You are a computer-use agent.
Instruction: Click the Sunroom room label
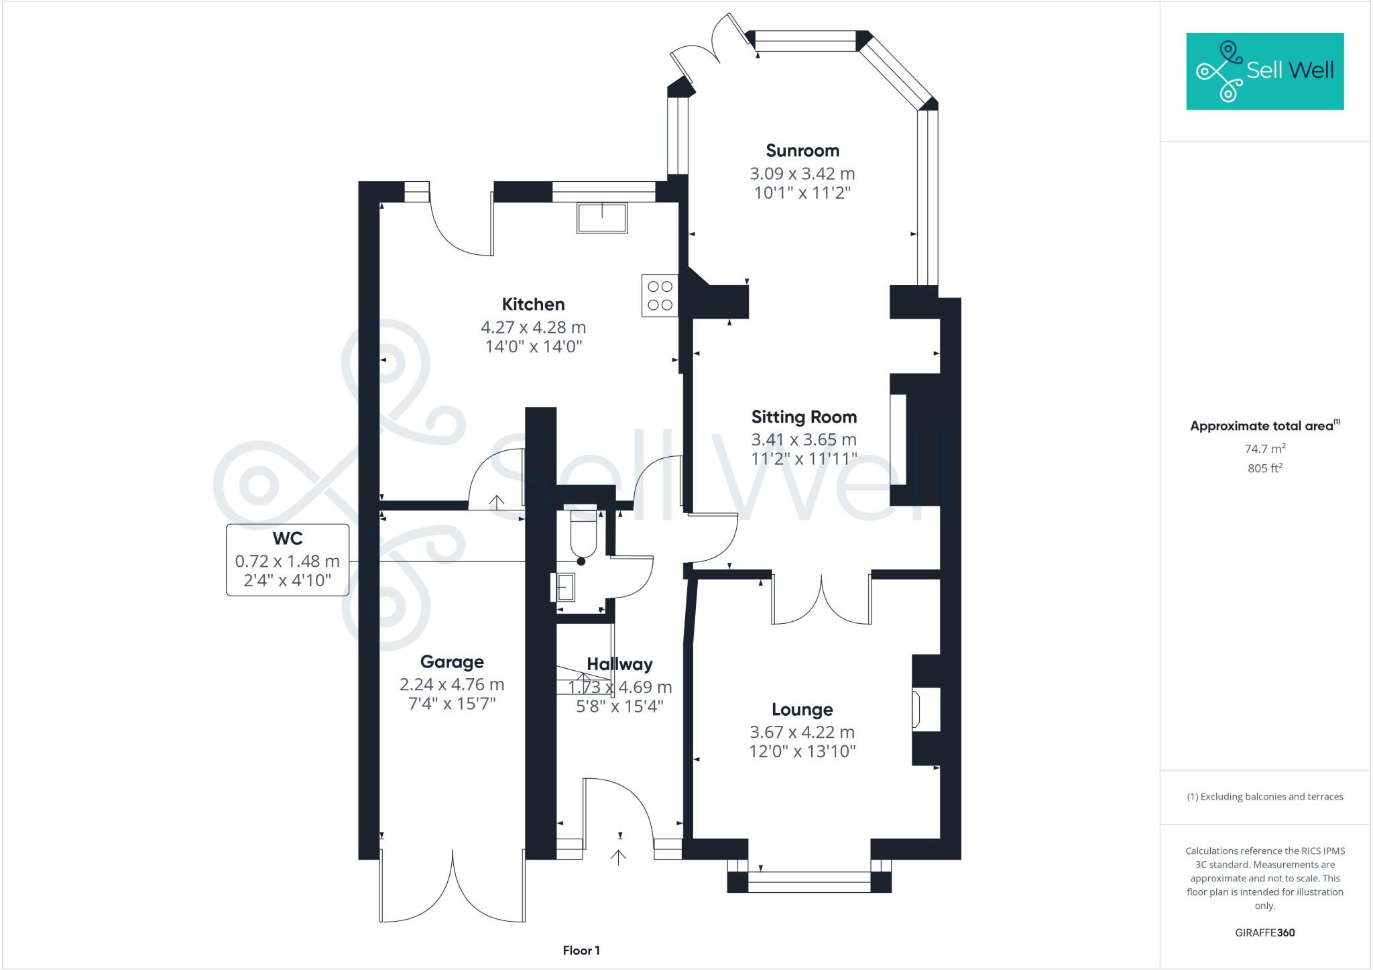click(x=802, y=150)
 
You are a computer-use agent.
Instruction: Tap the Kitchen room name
click(x=534, y=304)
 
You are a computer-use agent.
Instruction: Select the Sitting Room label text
click(x=804, y=417)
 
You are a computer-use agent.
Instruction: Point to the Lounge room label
click(x=802, y=710)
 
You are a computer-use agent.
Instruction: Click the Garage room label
click(x=452, y=662)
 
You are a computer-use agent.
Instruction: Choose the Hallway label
click(x=619, y=664)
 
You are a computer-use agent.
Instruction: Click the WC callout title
click(x=288, y=538)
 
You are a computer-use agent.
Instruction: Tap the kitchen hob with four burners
click(x=660, y=295)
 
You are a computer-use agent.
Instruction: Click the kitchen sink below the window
click(x=602, y=217)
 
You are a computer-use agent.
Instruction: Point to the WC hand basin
click(x=564, y=588)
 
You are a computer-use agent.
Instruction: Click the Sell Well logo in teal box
click(x=1265, y=71)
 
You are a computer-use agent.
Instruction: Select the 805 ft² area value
click(x=1265, y=468)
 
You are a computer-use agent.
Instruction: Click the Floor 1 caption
click(x=581, y=951)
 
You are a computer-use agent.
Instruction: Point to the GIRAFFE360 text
click(x=1265, y=932)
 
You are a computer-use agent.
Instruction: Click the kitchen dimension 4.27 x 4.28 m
click(x=534, y=327)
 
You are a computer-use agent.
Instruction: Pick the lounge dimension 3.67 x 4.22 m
click(x=802, y=733)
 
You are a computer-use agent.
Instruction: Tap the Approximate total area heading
click(x=1265, y=425)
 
